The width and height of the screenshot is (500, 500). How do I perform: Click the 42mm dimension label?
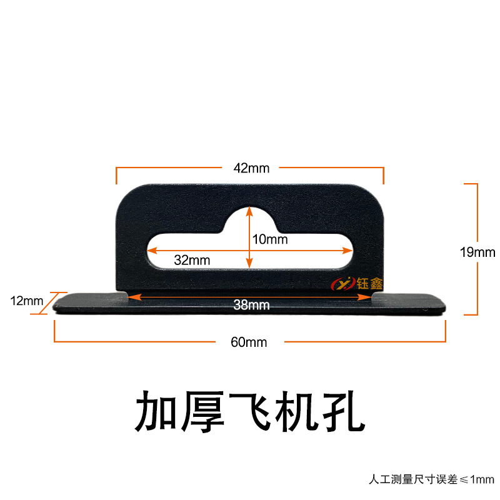pyautogui.click(x=249, y=167)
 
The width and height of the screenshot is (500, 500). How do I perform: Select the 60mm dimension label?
pyautogui.click(x=249, y=342)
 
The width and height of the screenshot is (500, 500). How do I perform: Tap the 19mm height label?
pyautogui.click(x=477, y=252)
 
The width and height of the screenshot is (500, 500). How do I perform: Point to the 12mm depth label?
pyautogui.click(x=26, y=301)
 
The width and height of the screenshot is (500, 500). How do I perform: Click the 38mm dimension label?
pyautogui.click(x=249, y=305)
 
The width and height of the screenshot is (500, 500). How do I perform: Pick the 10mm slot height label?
pyautogui.click(x=270, y=239)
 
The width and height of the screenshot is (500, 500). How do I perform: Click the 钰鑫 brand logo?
pyautogui.click(x=356, y=283)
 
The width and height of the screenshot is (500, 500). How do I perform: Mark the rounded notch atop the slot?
pyautogui.click(x=249, y=216)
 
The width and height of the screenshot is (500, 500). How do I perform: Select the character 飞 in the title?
pyautogui.click(x=250, y=411)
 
